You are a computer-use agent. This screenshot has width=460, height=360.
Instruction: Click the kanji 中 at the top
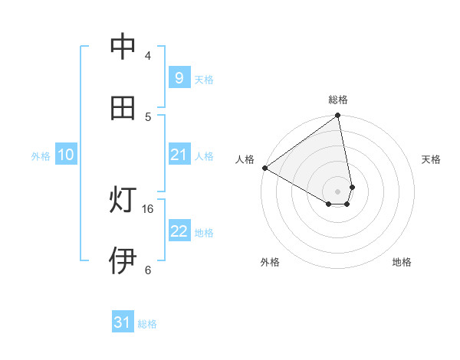123,47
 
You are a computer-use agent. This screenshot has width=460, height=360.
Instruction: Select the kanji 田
123,108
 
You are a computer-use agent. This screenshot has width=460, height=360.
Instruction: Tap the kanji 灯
123,201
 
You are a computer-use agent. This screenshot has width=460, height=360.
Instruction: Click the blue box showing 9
179,77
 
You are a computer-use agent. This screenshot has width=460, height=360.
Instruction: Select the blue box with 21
179,155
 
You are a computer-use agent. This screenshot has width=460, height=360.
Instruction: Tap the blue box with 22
179,232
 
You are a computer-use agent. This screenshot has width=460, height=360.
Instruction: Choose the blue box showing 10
66,155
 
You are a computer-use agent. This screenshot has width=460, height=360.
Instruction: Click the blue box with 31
123,323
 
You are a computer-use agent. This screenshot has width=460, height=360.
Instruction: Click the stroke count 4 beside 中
148,55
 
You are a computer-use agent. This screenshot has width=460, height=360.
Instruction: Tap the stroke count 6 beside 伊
148,270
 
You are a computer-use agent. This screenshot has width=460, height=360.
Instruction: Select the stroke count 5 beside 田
148,116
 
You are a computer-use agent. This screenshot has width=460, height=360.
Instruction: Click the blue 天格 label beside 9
204,79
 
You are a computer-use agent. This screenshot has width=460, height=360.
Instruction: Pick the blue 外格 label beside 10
41,156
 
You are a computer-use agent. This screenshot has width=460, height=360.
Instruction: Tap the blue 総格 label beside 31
147,324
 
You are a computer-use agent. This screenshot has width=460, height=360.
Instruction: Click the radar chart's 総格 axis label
338,100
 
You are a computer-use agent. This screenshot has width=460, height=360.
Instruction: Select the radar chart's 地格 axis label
402,262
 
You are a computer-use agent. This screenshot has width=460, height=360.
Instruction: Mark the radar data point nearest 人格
264,168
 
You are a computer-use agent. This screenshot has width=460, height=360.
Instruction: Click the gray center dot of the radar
337,191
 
